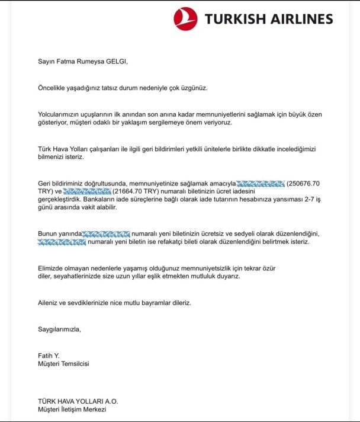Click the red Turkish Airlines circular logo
pyautogui.click(x=185, y=18)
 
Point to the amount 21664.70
pyautogui.click(x=136, y=193)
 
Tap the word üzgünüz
pyautogui.click(x=193, y=88)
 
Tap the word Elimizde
pyautogui.click(x=52, y=268)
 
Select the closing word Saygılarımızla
pyautogui.click(x=59, y=329)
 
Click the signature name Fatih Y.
pyautogui.click(x=50, y=355)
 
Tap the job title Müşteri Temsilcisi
pyautogui.click(x=63, y=363)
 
